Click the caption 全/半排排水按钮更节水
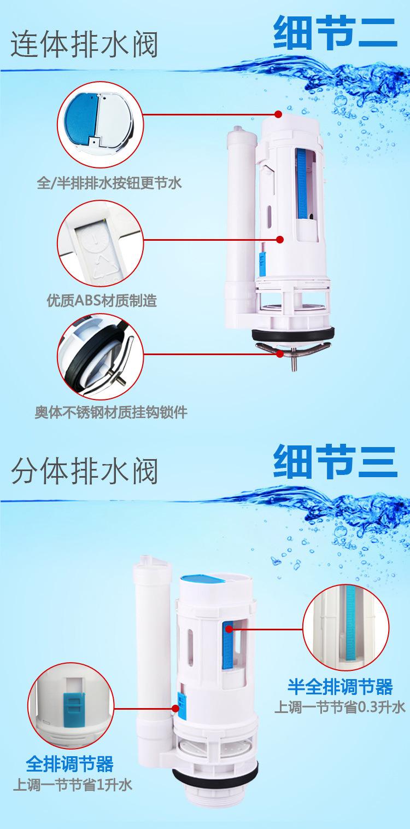click(x=109, y=183)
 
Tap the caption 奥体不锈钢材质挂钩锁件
click(x=109, y=412)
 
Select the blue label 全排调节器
click(x=70, y=763)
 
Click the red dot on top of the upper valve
click(x=278, y=114)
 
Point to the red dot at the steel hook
click(x=280, y=354)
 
